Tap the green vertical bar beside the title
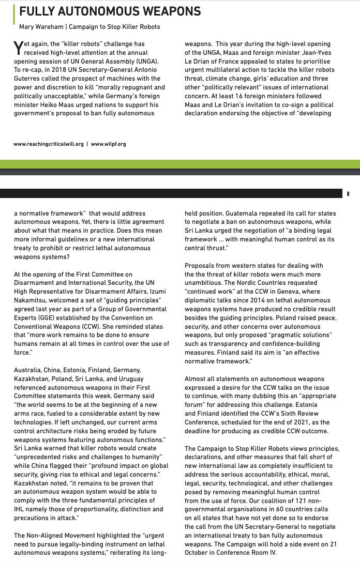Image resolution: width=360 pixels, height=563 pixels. [x=14, y=17]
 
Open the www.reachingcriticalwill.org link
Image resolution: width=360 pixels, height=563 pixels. [x=49, y=144]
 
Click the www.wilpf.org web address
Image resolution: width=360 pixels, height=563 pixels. [x=108, y=144]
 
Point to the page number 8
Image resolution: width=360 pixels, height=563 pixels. [x=348, y=194]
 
